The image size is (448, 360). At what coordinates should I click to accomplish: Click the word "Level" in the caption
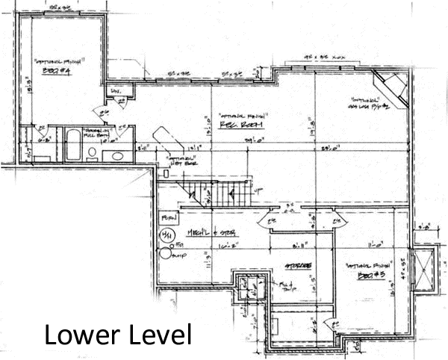click(x=157, y=334)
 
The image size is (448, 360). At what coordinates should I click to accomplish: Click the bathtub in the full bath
click(x=73, y=145)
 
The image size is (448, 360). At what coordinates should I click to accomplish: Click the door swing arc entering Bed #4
click(x=102, y=112)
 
